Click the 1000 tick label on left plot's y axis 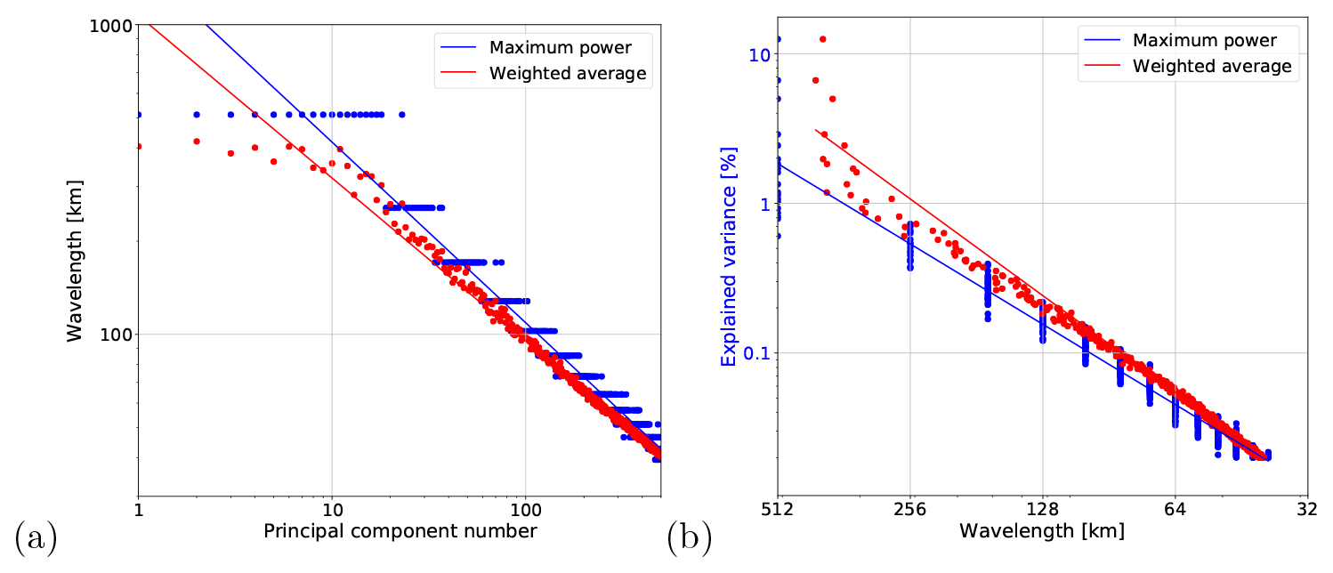pyautogui.click(x=111, y=27)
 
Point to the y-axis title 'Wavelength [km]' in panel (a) pyautogui.click(x=76, y=259)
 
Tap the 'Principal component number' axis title pyautogui.click(x=400, y=531)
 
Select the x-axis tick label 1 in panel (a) pyautogui.click(x=138, y=511)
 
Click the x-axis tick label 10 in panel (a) pyautogui.click(x=332, y=511)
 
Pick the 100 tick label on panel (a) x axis pyautogui.click(x=525, y=511)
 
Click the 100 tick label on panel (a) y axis pyautogui.click(x=116, y=335)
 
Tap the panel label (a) pyautogui.click(x=36, y=538)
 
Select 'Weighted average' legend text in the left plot pyautogui.click(x=568, y=73)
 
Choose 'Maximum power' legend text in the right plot pyautogui.click(x=1205, y=40)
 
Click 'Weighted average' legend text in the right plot pyautogui.click(x=1212, y=66)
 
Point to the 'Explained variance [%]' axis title pyautogui.click(x=729, y=258)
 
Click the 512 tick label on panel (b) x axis pyautogui.click(x=779, y=511)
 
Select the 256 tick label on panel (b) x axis pyautogui.click(x=910, y=511)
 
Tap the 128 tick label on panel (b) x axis pyautogui.click(x=1042, y=511)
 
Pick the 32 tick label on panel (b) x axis pyautogui.click(x=1306, y=511)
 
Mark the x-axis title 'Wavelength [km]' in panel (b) pyautogui.click(x=1042, y=531)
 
